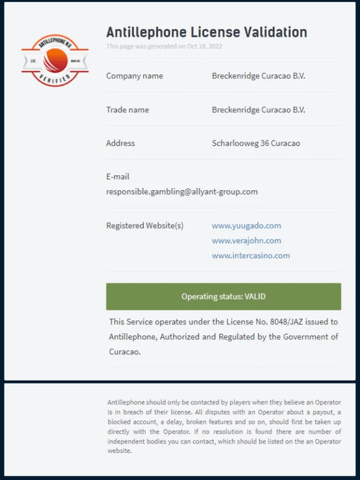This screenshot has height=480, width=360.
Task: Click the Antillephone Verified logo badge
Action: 55,60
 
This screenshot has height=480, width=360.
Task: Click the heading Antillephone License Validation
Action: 207,32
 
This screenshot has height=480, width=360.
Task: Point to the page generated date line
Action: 164,46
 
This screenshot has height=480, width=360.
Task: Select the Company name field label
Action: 135,76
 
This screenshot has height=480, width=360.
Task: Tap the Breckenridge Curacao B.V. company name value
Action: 258,76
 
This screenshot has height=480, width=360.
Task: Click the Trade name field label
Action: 127,110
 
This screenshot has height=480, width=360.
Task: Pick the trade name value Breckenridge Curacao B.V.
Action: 258,110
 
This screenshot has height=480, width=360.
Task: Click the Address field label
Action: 121,144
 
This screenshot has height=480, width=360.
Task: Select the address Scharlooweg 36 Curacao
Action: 256,144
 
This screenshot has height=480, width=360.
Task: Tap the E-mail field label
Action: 118,177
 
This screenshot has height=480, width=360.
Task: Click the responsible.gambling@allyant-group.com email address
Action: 182,192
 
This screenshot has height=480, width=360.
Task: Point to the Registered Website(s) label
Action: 145,226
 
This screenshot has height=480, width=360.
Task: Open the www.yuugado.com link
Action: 246,226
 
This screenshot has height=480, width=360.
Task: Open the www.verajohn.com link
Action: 246,241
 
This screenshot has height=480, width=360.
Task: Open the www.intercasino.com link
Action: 251,256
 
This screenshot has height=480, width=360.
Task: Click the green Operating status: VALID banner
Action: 224,296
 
